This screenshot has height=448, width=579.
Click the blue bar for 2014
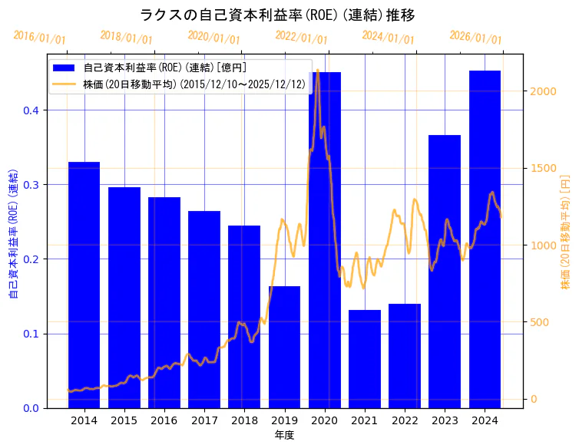[84, 285]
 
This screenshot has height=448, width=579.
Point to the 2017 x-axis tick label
[204, 420]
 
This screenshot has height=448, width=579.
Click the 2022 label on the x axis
[404, 420]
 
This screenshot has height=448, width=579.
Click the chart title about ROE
[277, 15]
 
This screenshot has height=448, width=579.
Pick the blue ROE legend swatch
[65, 68]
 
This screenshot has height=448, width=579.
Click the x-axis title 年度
[284, 435]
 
